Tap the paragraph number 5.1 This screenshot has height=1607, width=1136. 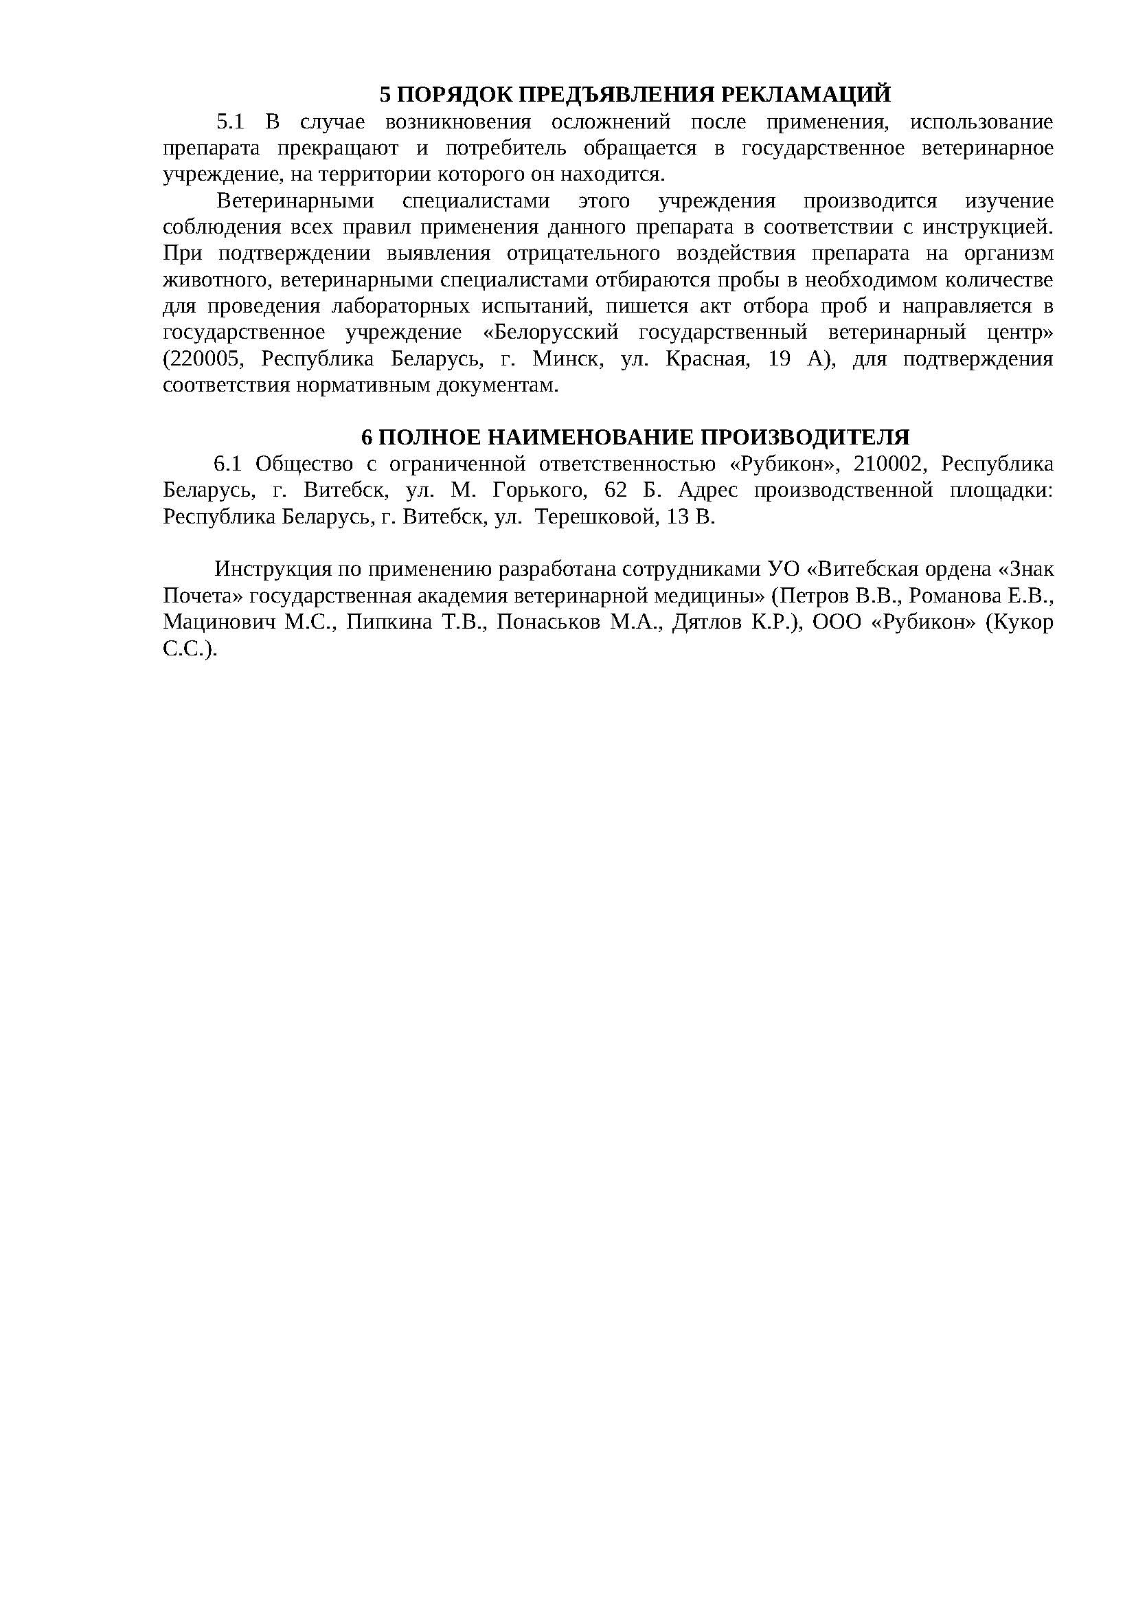(x=230, y=122)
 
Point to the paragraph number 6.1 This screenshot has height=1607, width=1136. (x=227, y=464)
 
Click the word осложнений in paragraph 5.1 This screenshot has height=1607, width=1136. (x=611, y=122)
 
